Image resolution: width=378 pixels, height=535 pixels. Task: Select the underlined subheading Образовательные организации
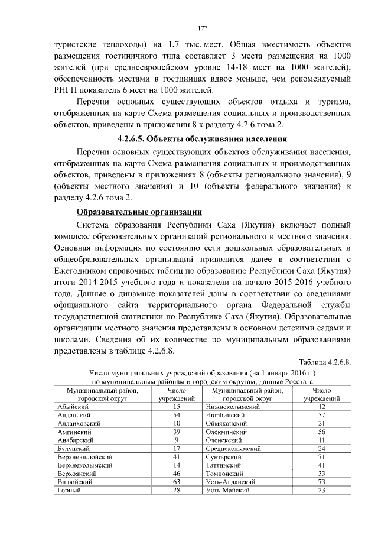(x=139, y=212)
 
